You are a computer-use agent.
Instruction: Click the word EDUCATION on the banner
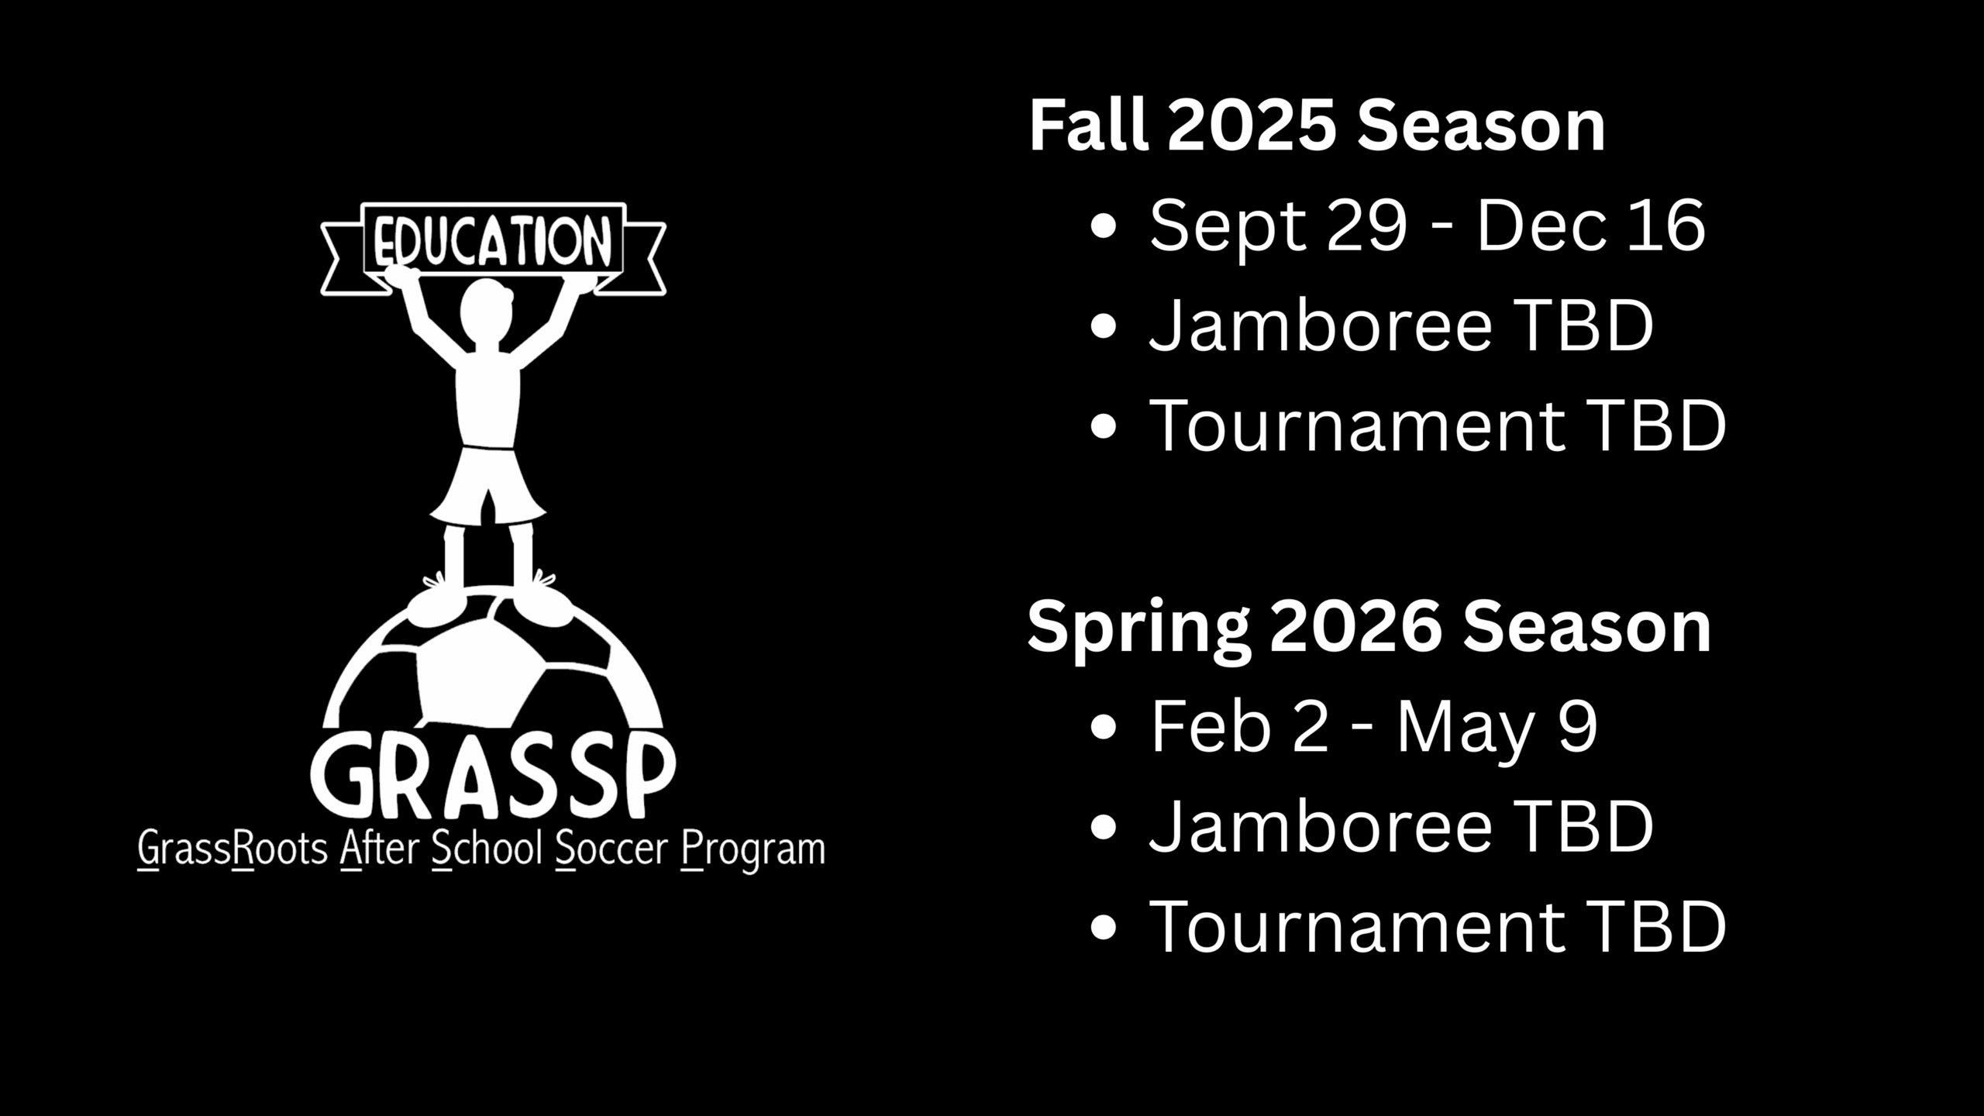[493, 240]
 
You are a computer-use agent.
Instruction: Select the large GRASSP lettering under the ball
[493, 774]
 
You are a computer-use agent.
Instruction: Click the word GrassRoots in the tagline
[232, 851]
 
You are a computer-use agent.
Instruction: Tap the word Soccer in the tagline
[611, 849]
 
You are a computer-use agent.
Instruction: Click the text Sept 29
[1278, 226]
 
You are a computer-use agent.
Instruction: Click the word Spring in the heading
[1138, 629]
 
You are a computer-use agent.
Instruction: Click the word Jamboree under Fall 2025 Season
[1321, 326]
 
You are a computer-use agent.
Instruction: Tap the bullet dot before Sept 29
[1103, 226]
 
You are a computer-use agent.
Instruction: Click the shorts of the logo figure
[487, 483]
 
